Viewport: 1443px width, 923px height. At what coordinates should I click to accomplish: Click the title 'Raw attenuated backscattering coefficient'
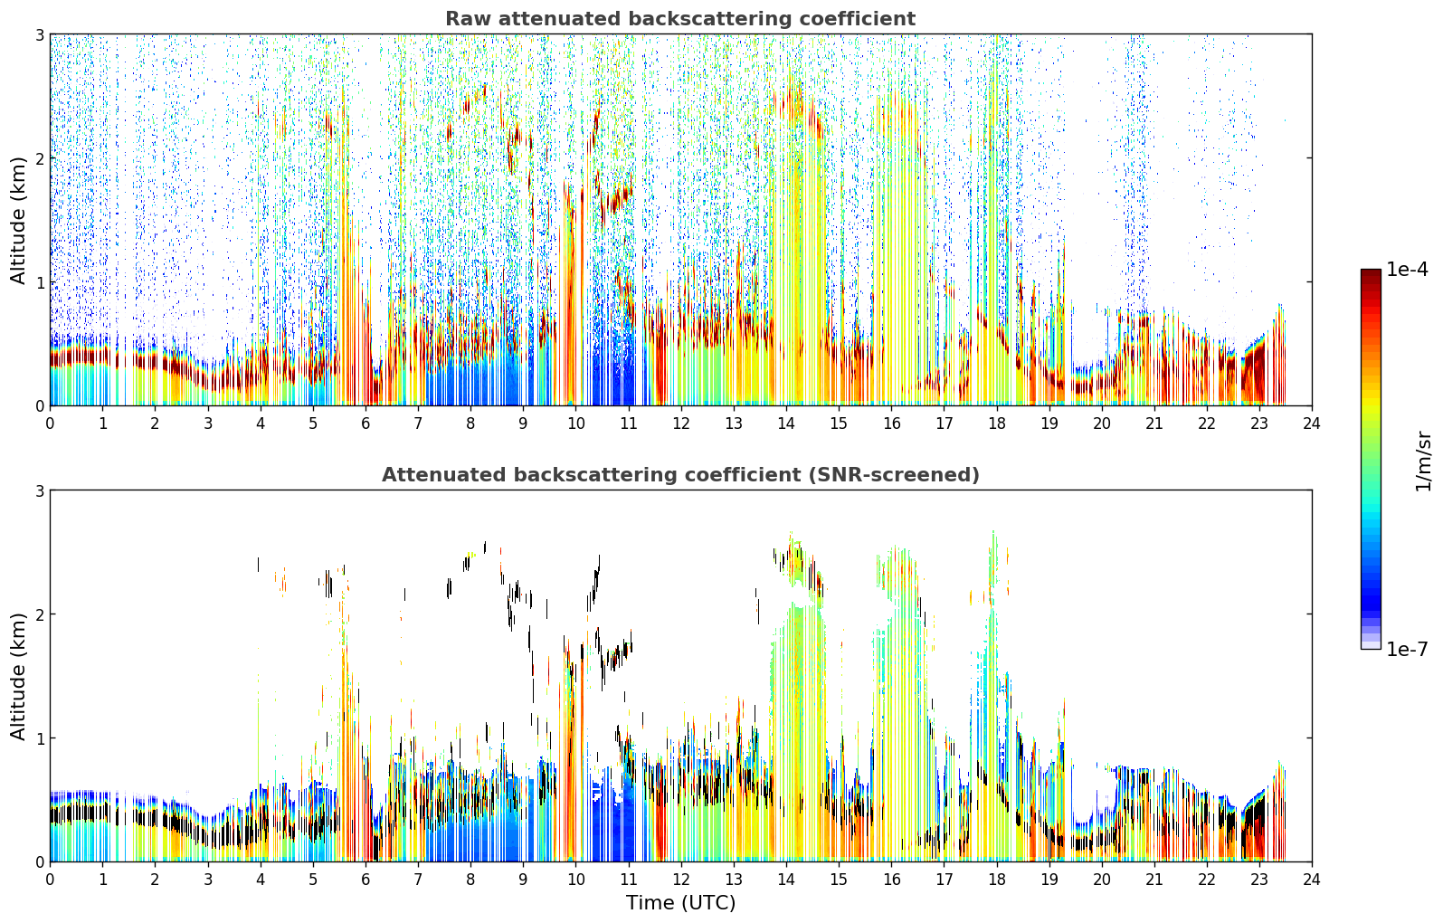pyautogui.click(x=680, y=19)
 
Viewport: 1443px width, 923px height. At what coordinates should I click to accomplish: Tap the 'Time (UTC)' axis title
pyautogui.click(x=680, y=902)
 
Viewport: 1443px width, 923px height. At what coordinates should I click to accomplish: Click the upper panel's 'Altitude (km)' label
pyautogui.click(x=18, y=221)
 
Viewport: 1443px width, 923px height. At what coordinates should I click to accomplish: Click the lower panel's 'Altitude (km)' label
pyautogui.click(x=18, y=676)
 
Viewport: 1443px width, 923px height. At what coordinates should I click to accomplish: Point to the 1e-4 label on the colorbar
pyautogui.click(x=1407, y=270)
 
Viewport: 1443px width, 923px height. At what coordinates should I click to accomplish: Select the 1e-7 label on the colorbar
pyautogui.click(x=1407, y=649)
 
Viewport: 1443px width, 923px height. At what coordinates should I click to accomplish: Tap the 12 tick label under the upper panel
pyautogui.click(x=681, y=423)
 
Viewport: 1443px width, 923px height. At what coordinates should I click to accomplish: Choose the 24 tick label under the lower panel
pyautogui.click(x=1312, y=880)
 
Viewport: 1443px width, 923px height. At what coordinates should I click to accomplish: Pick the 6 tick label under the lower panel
pyautogui.click(x=365, y=880)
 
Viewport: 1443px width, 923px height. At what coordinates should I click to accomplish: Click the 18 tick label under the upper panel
pyautogui.click(x=997, y=423)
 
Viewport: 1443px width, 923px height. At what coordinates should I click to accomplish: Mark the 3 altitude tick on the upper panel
pyautogui.click(x=39, y=34)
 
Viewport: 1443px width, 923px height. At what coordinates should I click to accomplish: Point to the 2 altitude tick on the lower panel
pyautogui.click(x=39, y=614)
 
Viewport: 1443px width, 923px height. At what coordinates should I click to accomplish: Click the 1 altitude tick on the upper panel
pyautogui.click(x=39, y=281)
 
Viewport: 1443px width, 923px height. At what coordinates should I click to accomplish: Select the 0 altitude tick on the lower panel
pyautogui.click(x=39, y=861)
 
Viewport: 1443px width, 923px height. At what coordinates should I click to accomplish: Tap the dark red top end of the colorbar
pyautogui.click(x=1371, y=272)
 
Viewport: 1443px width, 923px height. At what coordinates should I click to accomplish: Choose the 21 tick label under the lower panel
pyautogui.click(x=1154, y=880)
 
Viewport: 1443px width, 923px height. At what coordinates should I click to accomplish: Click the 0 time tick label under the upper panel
pyautogui.click(x=51, y=423)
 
